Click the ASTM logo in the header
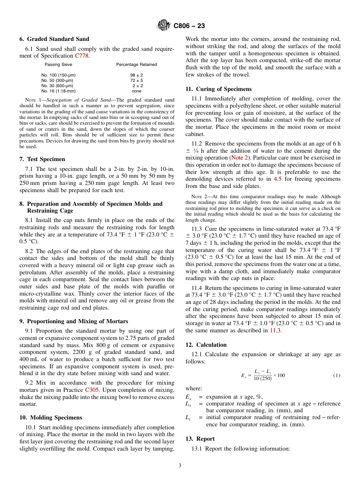coord(164,26)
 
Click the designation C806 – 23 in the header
coord(189,26)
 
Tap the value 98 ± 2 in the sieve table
coord(136,75)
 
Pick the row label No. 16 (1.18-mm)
coord(58,91)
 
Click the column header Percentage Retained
coord(136,64)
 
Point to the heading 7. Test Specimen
coord(42,159)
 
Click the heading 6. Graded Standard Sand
coord(54,39)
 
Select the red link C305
coord(92,390)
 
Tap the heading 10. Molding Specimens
coord(51,418)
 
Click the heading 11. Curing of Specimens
coord(218,89)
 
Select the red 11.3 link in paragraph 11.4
coord(275,330)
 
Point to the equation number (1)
coord(337,376)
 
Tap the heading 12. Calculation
coord(206,345)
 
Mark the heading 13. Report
coord(200,439)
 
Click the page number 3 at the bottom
coord(180,465)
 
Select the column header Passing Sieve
coord(55,64)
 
